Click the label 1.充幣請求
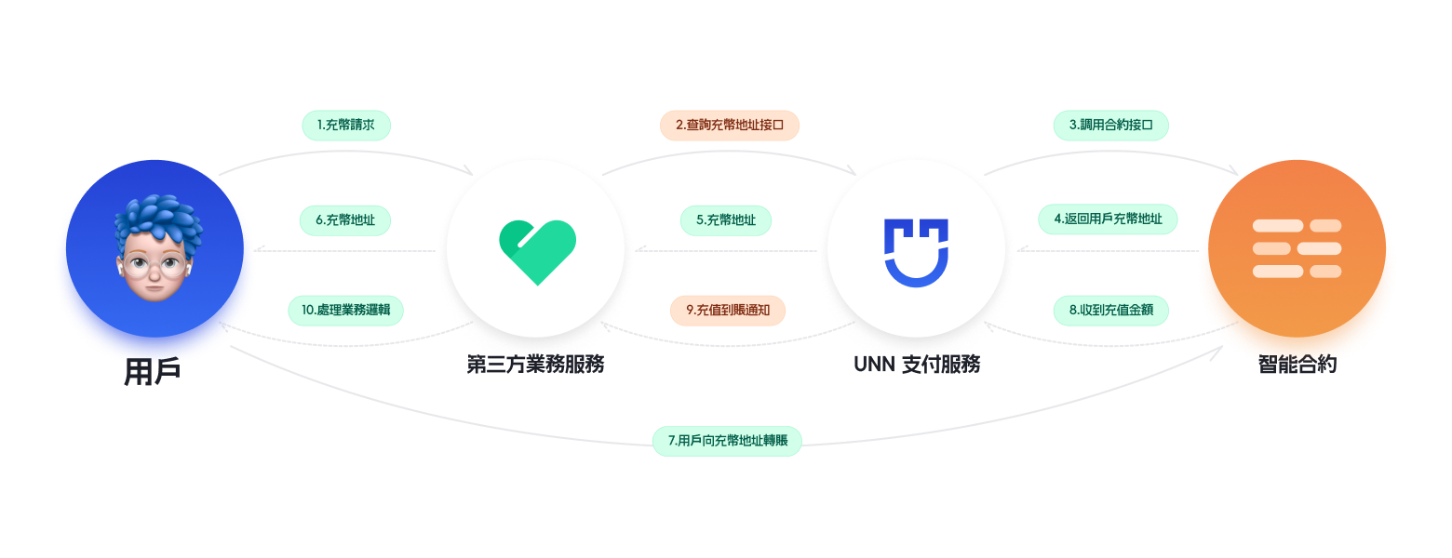(346, 125)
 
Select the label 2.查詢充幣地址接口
(730, 125)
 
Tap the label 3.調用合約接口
(1110, 125)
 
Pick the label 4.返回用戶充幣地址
(1108, 219)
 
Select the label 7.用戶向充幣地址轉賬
(727, 440)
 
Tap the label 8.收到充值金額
(1110, 310)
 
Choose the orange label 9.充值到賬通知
(728, 310)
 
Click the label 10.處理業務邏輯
(345, 310)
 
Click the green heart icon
(537, 250)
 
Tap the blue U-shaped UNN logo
(916, 251)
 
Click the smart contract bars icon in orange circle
(1297, 248)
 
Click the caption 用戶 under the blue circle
(153, 372)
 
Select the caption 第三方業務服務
(536, 364)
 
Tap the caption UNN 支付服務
(917, 364)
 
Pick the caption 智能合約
(1297, 364)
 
